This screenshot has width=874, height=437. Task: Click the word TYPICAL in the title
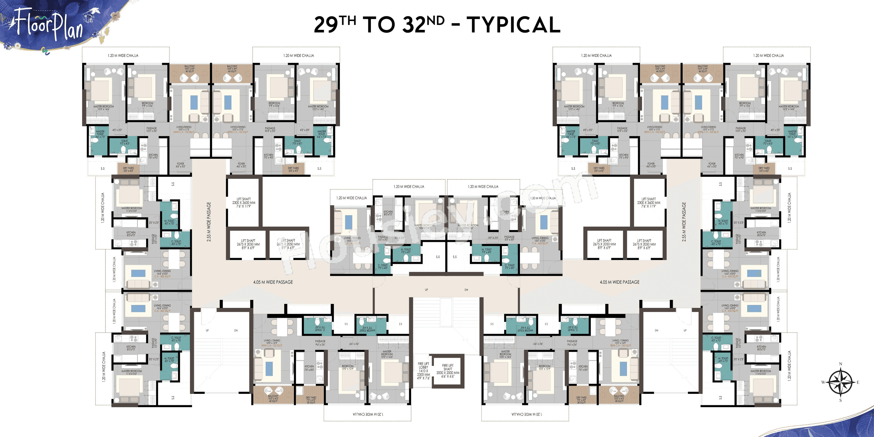pyautogui.click(x=513, y=25)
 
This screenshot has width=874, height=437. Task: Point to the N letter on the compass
pyautogui.click(x=840, y=364)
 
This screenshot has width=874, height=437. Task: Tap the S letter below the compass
pyautogui.click(x=840, y=400)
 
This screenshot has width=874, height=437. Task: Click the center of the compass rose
pyautogui.click(x=840, y=382)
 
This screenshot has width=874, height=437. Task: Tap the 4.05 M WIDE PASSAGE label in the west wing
pyautogui.click(x=273, y=282)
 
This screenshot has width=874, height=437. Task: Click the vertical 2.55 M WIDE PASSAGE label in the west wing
pyautogui.click(x=209, y=222)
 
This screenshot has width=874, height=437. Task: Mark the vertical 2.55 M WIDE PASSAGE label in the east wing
pyautogui.click(x=684, y=222)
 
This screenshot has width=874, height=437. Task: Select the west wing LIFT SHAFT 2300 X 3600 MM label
pyautogui.click(x=244, y=203)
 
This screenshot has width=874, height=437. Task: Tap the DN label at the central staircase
pyautogui.click(x=466, y=290)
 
